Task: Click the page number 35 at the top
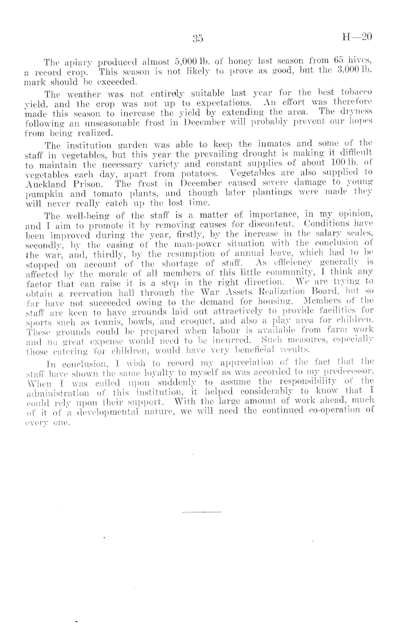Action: click(x=198, y=39)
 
